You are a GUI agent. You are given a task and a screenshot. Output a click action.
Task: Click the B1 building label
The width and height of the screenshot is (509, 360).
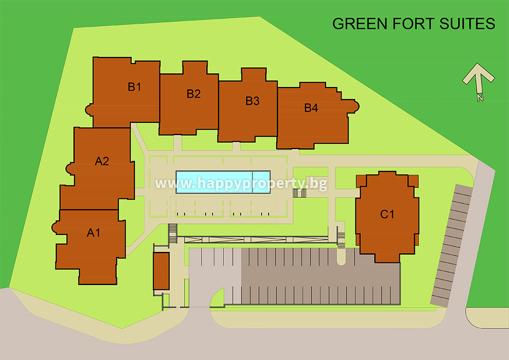pyautogui.click(x=134, y=86)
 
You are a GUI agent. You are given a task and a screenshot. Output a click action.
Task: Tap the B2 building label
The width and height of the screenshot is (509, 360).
pyautogui.click(x=193, y=94)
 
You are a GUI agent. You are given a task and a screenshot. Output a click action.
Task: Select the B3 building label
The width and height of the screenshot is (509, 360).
pyautogui.click(x=252, y=101)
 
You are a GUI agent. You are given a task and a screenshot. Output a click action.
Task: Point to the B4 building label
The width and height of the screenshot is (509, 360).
pyautogui.click(x=311, y=108)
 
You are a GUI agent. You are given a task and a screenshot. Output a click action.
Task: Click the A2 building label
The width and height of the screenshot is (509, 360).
pyautogui.click(x=102, y=161)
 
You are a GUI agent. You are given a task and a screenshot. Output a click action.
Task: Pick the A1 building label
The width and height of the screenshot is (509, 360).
pyautogui.click(x=93, y=232)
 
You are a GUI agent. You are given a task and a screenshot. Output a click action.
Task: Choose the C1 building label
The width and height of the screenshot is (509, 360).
pyautogui.click(x=387, y=214)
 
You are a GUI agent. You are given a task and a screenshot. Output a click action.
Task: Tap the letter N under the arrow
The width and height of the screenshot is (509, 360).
pyautogui.click(x=480, y=97)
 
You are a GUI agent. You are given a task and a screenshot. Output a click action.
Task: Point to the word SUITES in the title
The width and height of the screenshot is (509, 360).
pyautogui.click(x=467, y=23)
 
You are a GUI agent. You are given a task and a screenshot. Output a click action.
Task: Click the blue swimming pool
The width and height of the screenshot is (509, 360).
pyautogui.click(x=223, y=182)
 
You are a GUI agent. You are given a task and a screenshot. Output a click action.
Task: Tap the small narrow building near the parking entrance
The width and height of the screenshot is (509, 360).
pyautogui.click(x=161, y=271)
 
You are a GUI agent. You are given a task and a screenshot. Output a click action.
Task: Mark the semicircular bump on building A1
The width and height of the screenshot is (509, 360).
pyautogui.click(x=55, y=227)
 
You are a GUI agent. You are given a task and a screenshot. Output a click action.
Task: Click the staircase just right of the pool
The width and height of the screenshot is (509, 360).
pyautogui.click(x=299, y=193)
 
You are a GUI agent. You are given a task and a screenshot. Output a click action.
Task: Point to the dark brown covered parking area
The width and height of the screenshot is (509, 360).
pyautogui.click(x=320, y=276)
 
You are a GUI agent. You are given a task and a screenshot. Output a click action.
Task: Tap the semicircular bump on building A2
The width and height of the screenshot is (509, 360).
pyautogui.click(x=70, y=168)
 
